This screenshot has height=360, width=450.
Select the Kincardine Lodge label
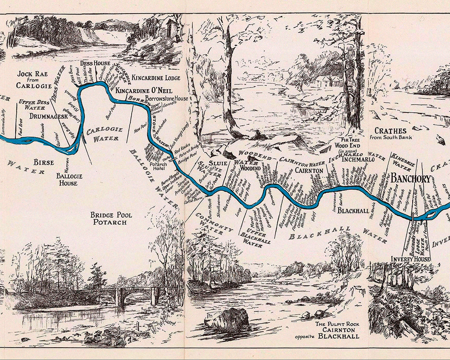(x=156, y=78)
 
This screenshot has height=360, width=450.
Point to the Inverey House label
(x=411, y=259)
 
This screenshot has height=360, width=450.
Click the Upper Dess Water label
(x=35, y=105)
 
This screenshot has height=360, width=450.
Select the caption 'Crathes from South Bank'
(x=391, y=134)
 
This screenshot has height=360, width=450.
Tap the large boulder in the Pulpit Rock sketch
(x=228, y=319)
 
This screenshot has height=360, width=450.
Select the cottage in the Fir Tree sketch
(x=327, y=81)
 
